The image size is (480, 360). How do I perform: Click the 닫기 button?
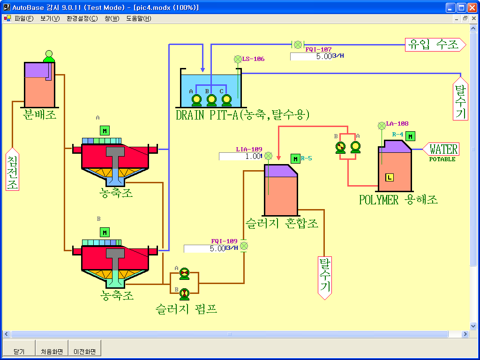click(19, 351)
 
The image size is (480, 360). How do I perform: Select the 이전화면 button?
click(85, 351)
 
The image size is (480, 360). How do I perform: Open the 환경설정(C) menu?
click(82, 19)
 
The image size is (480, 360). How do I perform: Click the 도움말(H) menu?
click(139, 19)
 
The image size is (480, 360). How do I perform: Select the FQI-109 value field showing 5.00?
click(205, 249)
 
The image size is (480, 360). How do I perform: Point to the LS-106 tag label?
click(253, 59)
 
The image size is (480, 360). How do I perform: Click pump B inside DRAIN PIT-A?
click(211, 100)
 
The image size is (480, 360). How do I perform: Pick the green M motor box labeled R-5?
click(295, 159)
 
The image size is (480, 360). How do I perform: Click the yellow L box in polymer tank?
click(389, 177)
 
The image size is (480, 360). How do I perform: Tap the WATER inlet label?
click(443, 150)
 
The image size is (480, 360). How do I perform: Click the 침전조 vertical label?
click(13, 170)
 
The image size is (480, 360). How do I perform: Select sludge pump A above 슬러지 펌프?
click(184, 273)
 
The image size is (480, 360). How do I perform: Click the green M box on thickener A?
click(105, 131)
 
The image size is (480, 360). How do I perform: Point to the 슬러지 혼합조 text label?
click(281, 223)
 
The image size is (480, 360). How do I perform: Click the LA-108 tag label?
click(397, 124)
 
